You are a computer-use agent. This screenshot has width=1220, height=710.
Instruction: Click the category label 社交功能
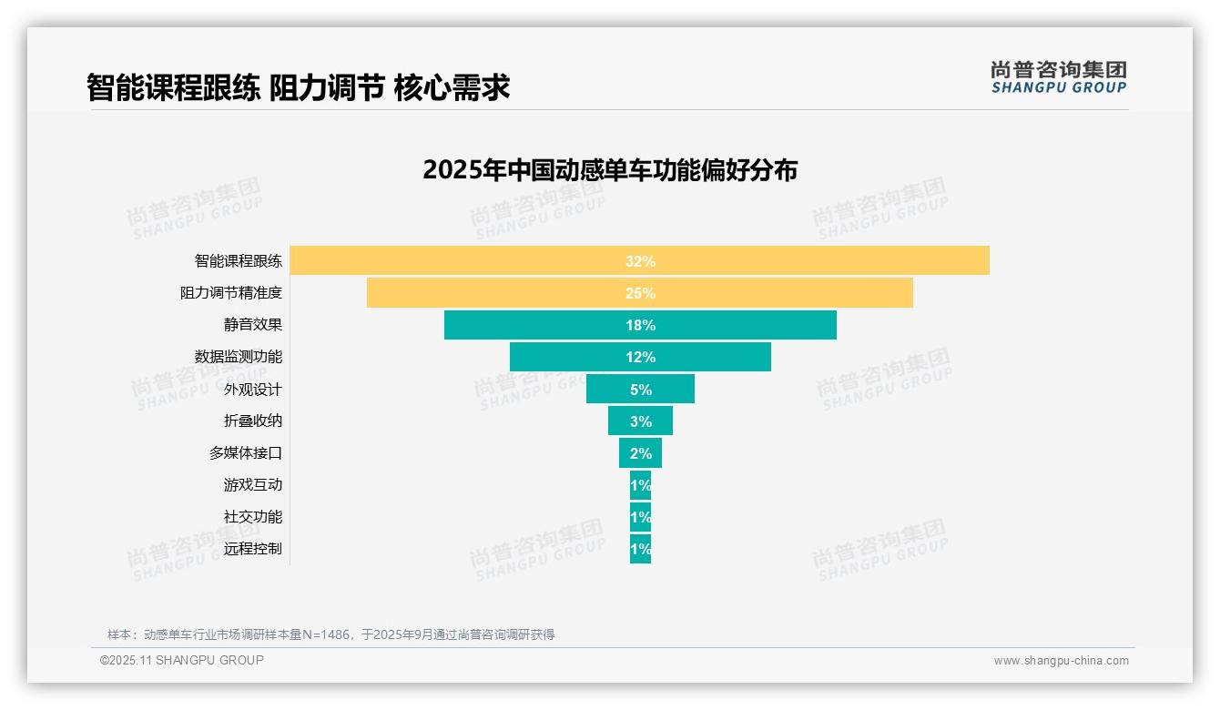(x=253, y=516)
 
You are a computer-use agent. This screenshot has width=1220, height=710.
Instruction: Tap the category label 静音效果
(x=253, y=325)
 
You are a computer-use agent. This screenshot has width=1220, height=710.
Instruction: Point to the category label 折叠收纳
(x=253, y=421)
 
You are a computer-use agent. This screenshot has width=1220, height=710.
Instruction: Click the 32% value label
(x=640, y=261)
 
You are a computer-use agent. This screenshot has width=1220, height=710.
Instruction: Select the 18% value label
(x=640, y=325)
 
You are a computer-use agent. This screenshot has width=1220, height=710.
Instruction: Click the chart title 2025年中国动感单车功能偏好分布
(x=610, y=170)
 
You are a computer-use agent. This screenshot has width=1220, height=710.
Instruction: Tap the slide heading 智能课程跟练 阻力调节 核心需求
(x=298, y=87)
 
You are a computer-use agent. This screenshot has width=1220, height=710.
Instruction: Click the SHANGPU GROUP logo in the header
(x=1058, y=77)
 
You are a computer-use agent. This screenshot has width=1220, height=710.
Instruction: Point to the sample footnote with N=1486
(x=330, y=634)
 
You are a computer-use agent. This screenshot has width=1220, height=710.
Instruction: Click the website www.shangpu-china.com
(x=1061, y=661)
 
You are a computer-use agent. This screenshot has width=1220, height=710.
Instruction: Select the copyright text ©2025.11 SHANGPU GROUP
(x=182, y=660)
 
